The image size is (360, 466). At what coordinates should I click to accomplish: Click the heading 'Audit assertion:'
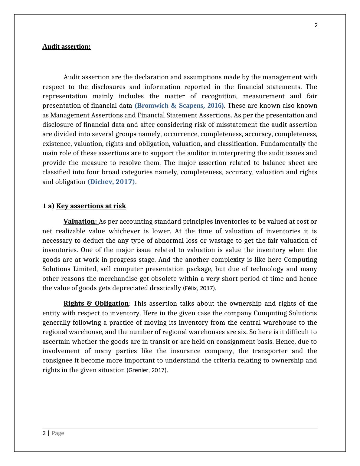[x=66, y=47]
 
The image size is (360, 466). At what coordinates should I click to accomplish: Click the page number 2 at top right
[x=316, y=25]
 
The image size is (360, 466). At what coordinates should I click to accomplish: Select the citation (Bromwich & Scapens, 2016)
[x=179, y=106]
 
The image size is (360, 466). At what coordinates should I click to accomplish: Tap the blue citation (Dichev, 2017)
[x=111, y=182]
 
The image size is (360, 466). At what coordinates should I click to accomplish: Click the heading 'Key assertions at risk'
[x=91, y=206]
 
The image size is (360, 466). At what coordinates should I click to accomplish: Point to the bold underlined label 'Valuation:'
[x=80, y=222]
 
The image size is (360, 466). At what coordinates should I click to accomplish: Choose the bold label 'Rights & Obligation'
[x=96, y=304]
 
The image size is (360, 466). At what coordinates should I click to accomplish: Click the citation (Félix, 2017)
[x=200, y=288]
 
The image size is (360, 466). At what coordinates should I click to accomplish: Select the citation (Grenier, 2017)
[x=147, y=370]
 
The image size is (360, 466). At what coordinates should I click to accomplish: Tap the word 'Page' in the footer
[x=58, y=433]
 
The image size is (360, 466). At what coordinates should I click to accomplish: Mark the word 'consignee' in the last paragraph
[x=57, y=360]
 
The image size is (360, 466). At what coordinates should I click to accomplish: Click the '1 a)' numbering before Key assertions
[x=48, y=206]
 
